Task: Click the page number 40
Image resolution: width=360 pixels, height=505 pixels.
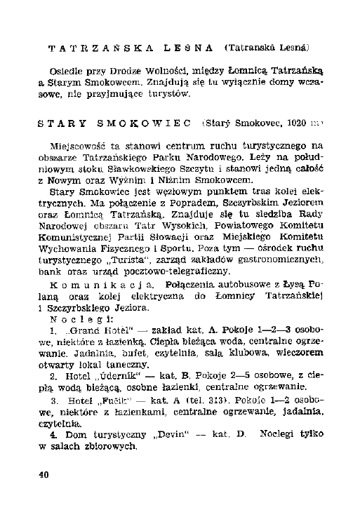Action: [x=44, y=475]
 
